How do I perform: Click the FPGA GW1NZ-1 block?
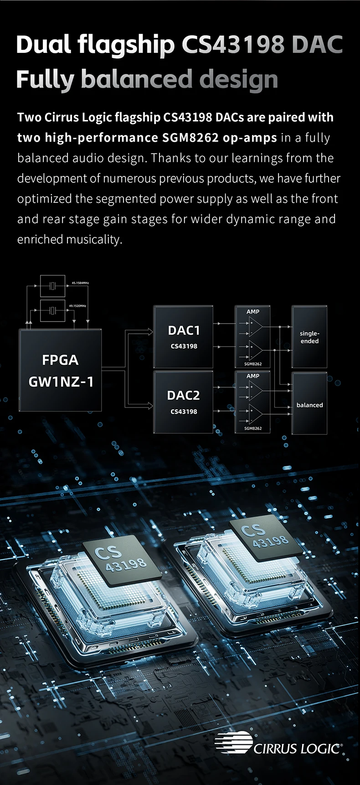(60, 370)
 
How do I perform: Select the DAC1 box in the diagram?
(184, 337)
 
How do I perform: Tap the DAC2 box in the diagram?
(184, 402)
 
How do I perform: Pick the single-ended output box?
(309, 337)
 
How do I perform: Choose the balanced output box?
(309, 404)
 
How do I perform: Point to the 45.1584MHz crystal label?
(80, 283)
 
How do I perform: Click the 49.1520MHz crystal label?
(77, 305)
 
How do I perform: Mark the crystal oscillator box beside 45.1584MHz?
(53, 286)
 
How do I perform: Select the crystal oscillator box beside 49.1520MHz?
(53, 311)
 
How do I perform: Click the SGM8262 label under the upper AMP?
(253, 364)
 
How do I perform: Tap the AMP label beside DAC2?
(253, 376)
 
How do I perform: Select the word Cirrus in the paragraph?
(61, 118)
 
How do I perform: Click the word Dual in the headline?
(43, 45)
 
